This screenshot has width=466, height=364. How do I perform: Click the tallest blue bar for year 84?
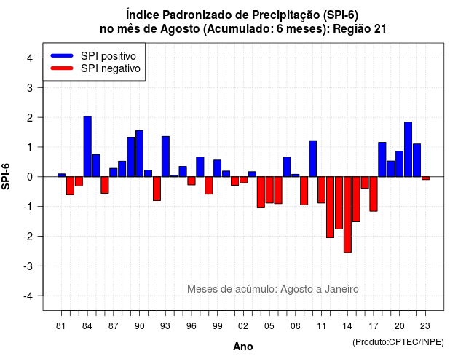(87, 146)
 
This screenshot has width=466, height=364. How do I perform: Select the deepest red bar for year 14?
(347, 215)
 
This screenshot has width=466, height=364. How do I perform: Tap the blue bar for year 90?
(139, 154)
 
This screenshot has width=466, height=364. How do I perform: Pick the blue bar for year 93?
(165, 157)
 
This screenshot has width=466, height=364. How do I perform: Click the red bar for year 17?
(374, 194)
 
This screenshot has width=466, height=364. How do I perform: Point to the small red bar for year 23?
(425, 178)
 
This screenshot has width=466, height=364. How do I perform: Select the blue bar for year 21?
(408, 149)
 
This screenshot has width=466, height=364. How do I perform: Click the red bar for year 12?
(330, 207)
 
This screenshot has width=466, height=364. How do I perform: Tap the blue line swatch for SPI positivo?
(62, 55)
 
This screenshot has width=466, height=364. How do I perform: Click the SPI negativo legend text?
(111, 68)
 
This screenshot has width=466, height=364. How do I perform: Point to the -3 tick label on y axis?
(28, 266)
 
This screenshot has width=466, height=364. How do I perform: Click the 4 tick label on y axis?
(30, 58)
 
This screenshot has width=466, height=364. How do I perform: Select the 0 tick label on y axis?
(30, 177)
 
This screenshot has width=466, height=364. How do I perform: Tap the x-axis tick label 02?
(243, 326)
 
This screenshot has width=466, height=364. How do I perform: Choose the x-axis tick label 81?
(60, 326)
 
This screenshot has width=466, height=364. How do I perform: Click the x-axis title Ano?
(243, 347)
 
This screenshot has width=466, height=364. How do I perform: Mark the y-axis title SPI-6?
(6, 176)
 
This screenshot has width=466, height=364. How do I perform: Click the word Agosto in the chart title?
(181, 29)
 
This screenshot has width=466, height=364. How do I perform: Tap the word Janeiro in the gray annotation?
(341, 289)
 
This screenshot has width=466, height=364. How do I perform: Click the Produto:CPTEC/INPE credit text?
(398, 342)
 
